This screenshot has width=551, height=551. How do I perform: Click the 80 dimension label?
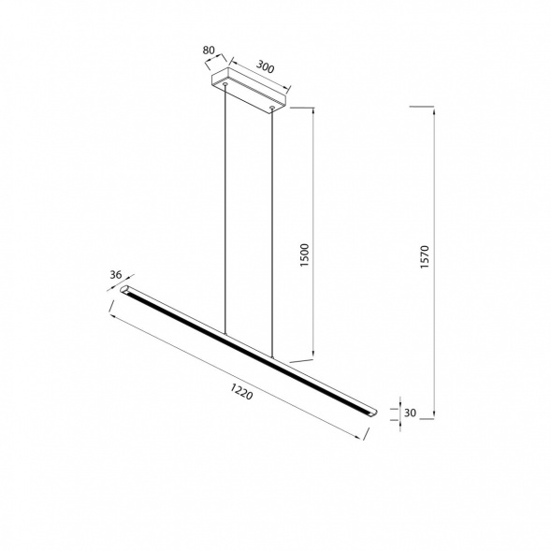pyautogui.click(x=209, y=51)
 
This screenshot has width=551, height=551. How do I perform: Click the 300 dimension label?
pyautogui.click(x=265, y=66)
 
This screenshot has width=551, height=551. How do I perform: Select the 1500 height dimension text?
pyautogui.click(x=304, y=254)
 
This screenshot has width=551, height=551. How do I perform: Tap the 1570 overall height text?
pyautogui.click(x=425, y=257)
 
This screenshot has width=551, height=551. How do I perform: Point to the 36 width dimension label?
pyautogui.click(x=116, y=275)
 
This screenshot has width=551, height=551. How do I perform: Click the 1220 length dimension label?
pyautogui.click(x=241, y=391)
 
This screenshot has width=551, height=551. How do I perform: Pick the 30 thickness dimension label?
pyautogui.click(x=410, y=413)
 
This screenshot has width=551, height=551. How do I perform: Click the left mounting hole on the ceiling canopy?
pyautogui.click(x=225, y=84)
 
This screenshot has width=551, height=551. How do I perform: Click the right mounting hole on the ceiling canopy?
pyautogui.click(x=271, y=108)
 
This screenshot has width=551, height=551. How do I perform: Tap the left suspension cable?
pyautogui.click(x=225, y=210)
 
